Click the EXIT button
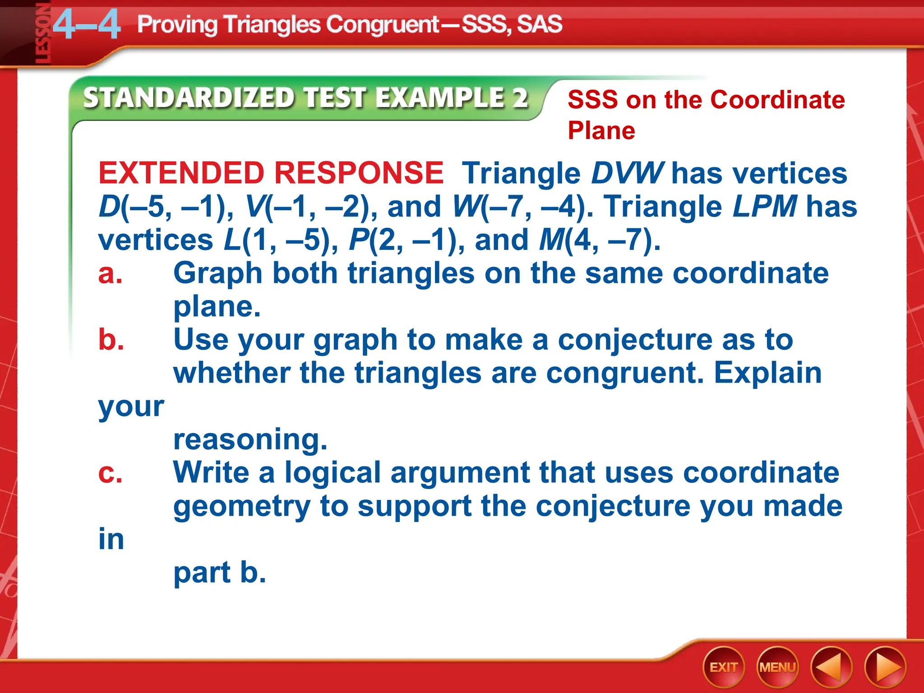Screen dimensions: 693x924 [x=723, y=667]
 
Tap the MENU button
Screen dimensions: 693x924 [x=777, y=667]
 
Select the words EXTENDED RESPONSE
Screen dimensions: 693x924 [x=271, y=173]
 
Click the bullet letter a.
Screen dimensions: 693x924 [x=110, y=273]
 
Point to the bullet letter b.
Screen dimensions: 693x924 [x=111, y=340]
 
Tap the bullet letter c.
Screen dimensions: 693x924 [x=110, y=473]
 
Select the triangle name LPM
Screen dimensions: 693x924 [x=764, y=207]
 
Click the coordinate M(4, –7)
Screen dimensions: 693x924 [x=599, y=240]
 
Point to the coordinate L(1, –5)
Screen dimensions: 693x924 [x=280, y=240]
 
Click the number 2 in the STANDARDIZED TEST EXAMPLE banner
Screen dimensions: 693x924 [x=520, y=98]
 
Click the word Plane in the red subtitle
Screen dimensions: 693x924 [x=601, y=131]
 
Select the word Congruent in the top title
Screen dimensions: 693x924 [x=383, y=24]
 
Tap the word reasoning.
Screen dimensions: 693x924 [x=250, y=439]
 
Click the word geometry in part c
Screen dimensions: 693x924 [x=242, y=506]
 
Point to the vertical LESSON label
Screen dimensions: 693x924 [x=42, y=34]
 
